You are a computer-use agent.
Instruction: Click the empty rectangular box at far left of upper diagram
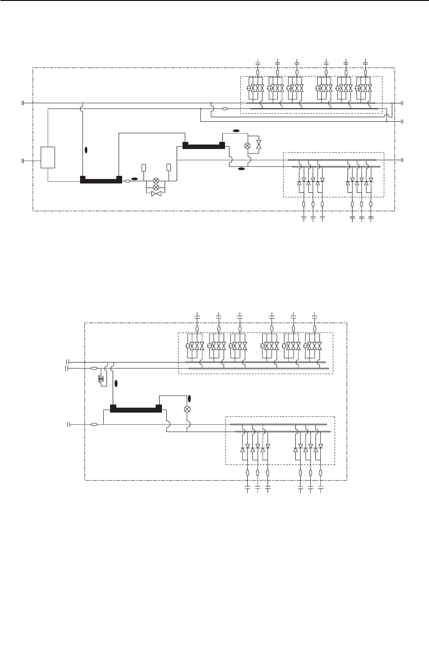[x=48, y=157]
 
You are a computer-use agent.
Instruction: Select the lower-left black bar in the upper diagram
[x=101, y=180]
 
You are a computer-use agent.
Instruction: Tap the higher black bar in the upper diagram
[x=204, y=145]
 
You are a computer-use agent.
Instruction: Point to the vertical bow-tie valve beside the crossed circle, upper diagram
[x=259, y=145]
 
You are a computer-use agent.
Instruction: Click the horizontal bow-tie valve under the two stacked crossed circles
[x=156, y=194]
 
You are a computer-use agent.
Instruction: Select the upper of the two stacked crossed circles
[x=156, y=180]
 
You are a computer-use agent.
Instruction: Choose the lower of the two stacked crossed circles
[x=156, y=187]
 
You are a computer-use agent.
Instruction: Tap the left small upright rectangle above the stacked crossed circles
[x=144, y=167]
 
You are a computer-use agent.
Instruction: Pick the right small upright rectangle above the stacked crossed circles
[x=169, y=167]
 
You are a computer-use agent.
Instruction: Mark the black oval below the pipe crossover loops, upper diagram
[x=241, y=169]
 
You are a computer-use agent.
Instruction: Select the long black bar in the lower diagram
[x=136, y=409]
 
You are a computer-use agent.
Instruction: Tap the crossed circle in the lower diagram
[x=187, y=409]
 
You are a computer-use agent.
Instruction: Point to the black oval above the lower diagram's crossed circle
[x=189, y=398]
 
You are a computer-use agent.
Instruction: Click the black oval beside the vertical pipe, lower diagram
[x=116, y=383]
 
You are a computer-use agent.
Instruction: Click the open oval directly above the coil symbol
[x=94, y=368]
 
